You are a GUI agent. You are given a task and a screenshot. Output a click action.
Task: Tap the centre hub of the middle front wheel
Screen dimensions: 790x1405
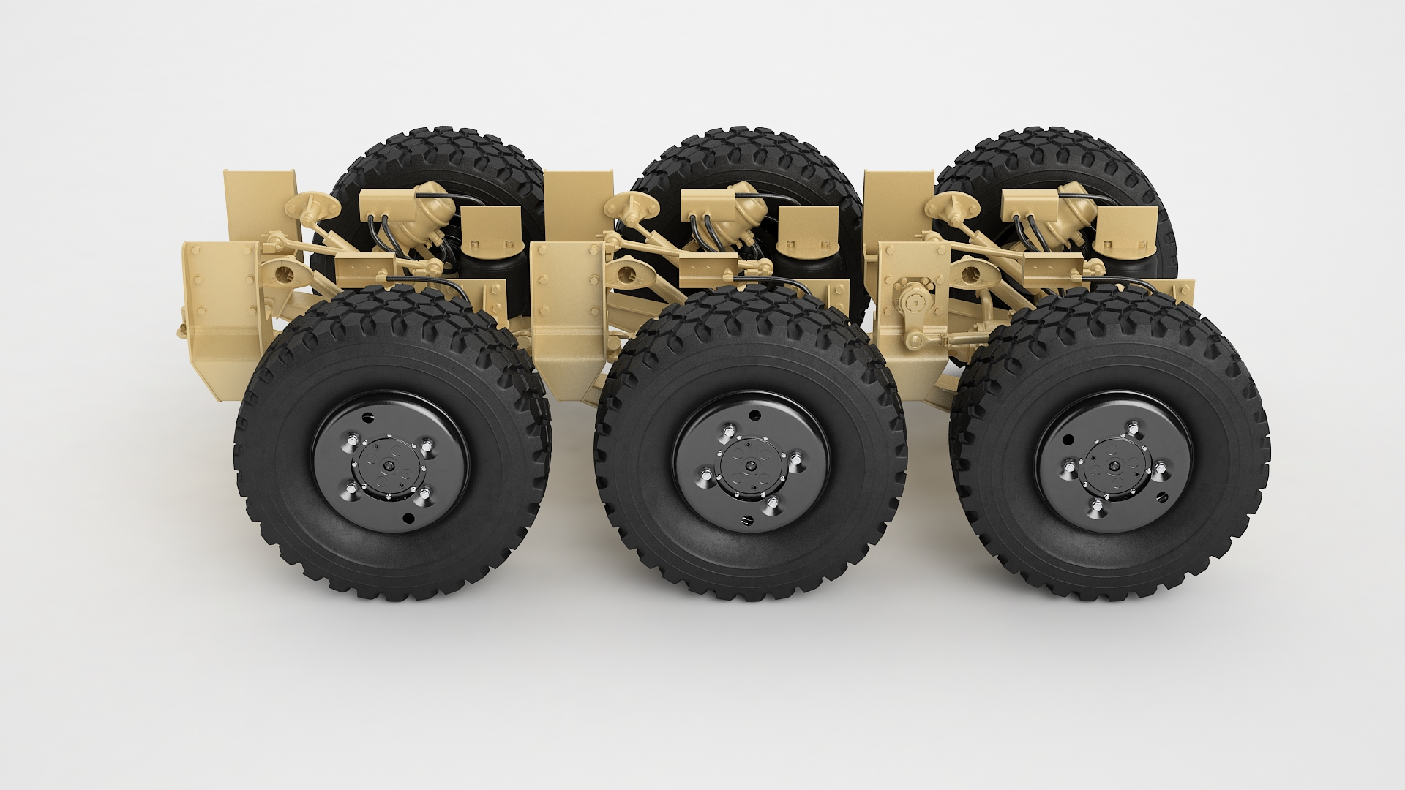click(x=750, y=467)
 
